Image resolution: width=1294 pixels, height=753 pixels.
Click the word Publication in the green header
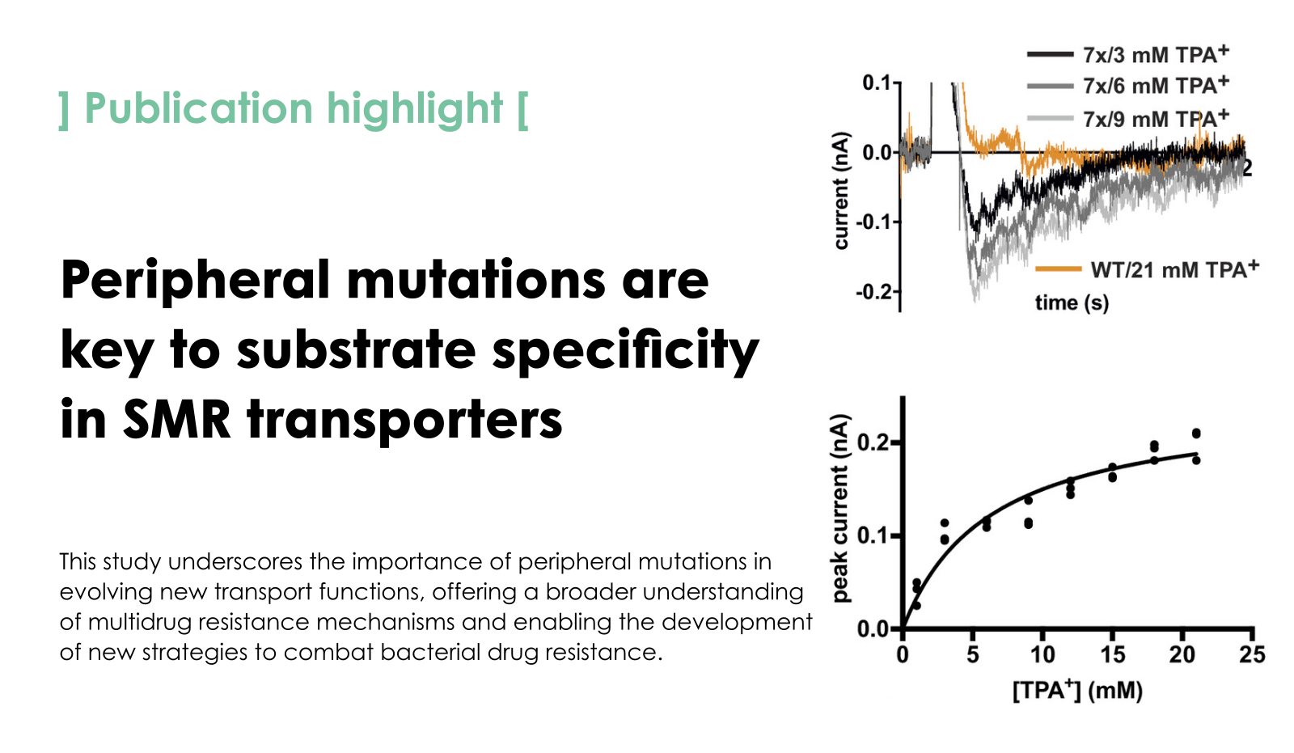click(x=198, y=108)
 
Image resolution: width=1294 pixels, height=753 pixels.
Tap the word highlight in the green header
click(x=414, y=108)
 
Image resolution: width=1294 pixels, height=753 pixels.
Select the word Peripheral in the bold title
click(x=196, y=280)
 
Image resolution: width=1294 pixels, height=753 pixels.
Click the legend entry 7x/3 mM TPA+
click(x=1155, y=55)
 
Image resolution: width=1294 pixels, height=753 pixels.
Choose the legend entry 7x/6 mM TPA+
click(x=1155, y=86)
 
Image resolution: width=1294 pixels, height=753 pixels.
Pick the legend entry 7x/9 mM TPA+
click(x=1155, y=119)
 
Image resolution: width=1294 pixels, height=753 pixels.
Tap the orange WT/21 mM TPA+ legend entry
click(x=1174, y=269)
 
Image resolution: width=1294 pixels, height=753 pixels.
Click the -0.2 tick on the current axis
click(x=874, y=292)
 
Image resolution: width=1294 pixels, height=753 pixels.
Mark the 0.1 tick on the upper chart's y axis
click(x=876, y=82)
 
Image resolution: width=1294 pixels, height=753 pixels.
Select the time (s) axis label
click(x=1072, y=302)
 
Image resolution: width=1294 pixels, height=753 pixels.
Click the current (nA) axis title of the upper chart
click(x=841, y=190)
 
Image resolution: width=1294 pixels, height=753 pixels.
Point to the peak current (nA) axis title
click(x=841, y=508)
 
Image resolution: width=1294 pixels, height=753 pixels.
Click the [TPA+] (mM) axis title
click(x=1077, y=691)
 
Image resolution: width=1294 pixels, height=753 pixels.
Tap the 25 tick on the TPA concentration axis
click(x=1252, y=654)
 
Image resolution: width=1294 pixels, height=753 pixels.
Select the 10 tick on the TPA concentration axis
click(x=1042, y=654)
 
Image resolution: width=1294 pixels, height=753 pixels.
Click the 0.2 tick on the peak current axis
click(x=873, y=442)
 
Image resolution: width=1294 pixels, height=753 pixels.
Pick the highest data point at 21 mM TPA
click(x=1196, y=434)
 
